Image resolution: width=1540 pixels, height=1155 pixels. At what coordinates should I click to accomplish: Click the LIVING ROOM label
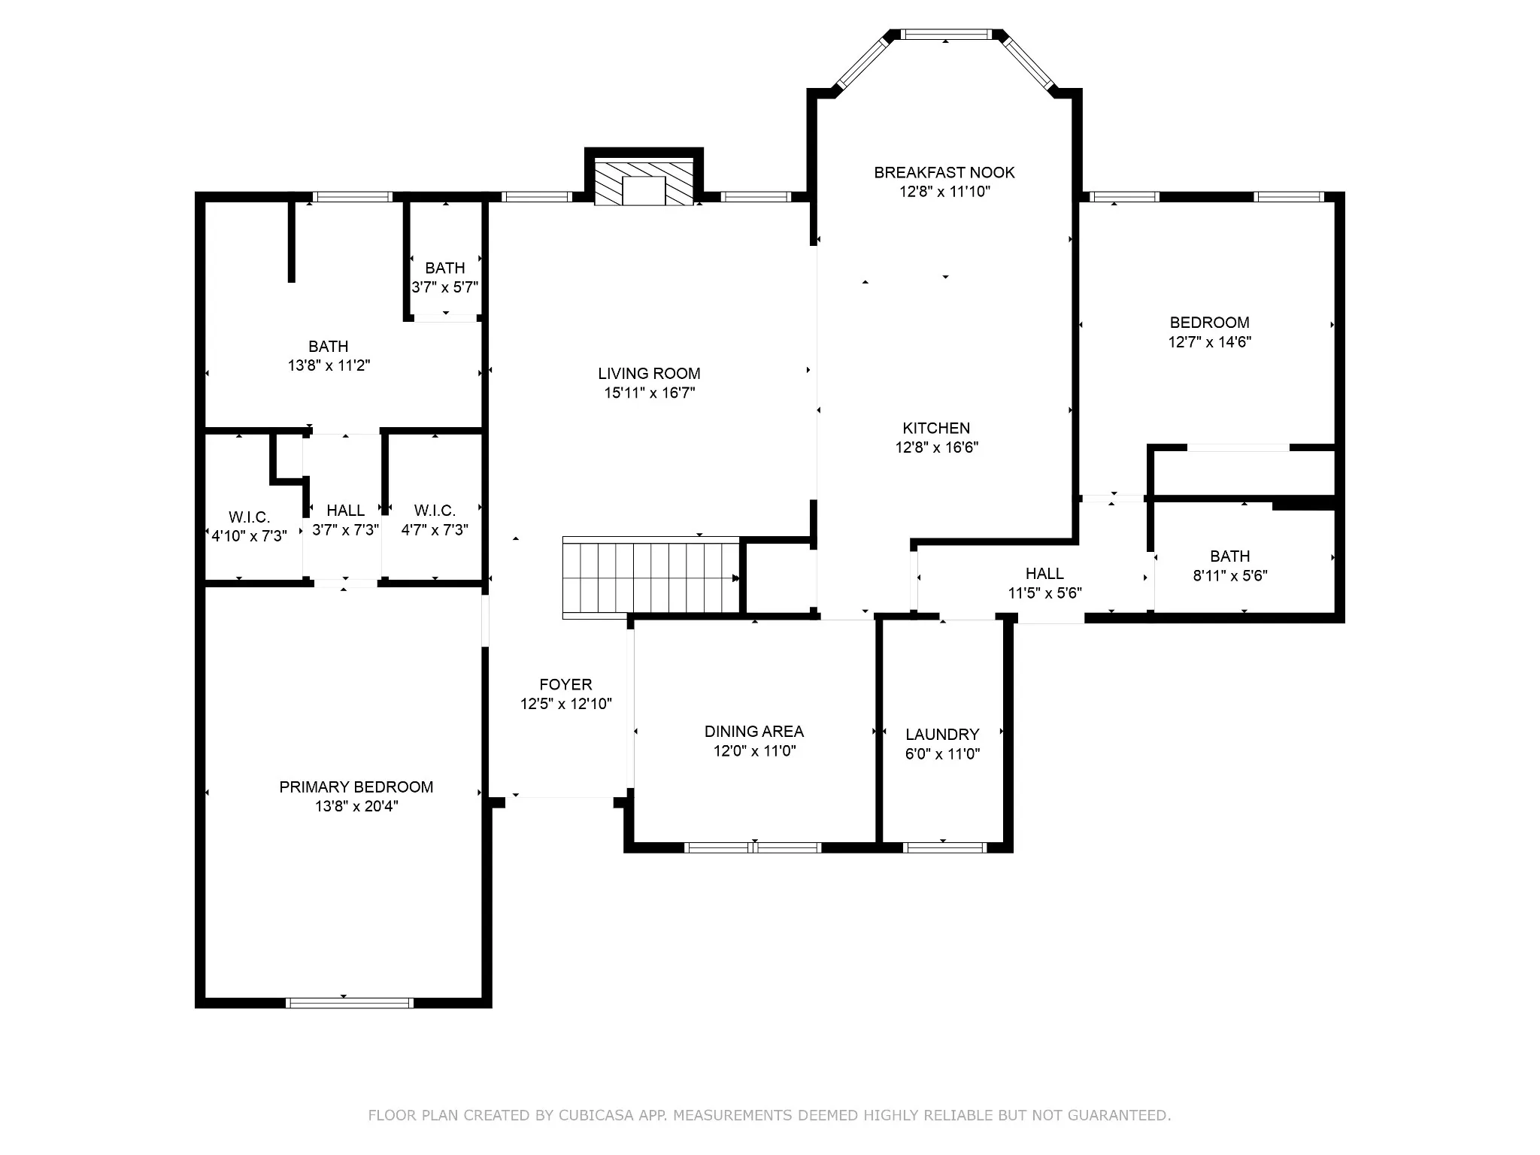tap(649, 374)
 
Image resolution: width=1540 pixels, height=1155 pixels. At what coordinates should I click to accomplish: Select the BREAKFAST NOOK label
tap(944, 173)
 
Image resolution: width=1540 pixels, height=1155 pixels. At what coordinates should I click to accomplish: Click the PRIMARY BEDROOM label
tap(356, 787)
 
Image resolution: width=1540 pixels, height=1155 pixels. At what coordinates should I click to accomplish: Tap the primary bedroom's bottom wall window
tap(350, 1002)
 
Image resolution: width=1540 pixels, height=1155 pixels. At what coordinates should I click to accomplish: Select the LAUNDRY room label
tap(942, 735)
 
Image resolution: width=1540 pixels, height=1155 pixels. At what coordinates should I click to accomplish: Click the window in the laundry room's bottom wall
tap(944, 847)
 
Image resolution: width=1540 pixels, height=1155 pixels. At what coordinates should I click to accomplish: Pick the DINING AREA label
tap(754, 732)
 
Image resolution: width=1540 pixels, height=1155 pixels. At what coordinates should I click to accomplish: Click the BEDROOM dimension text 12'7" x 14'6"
tap(1210, 342)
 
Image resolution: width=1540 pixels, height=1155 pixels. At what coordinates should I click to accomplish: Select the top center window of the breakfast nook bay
tap(945, 34)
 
